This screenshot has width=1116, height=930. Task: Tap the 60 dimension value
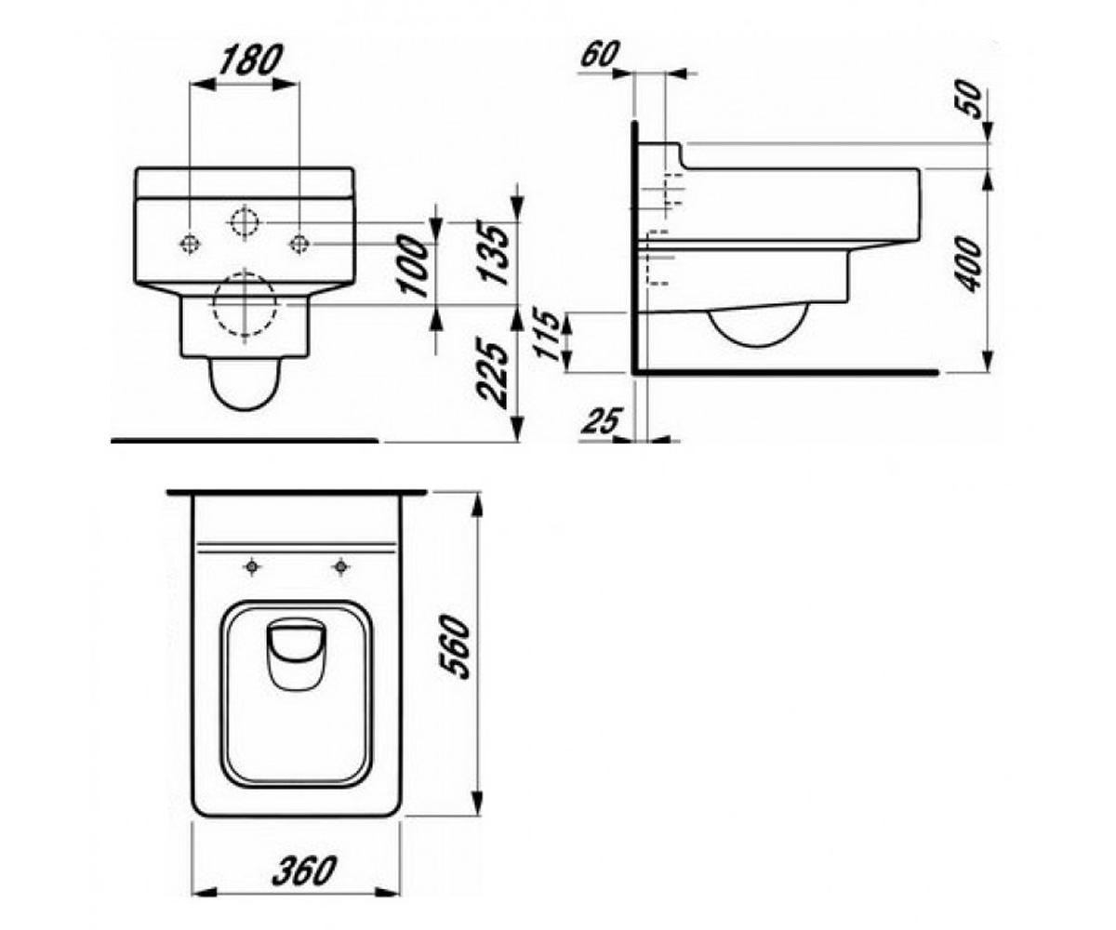click(600, 54)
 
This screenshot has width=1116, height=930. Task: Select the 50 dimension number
click(970, 101)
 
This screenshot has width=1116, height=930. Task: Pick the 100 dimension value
click(416, 266)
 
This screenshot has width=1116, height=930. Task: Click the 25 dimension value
click(603, 420)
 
